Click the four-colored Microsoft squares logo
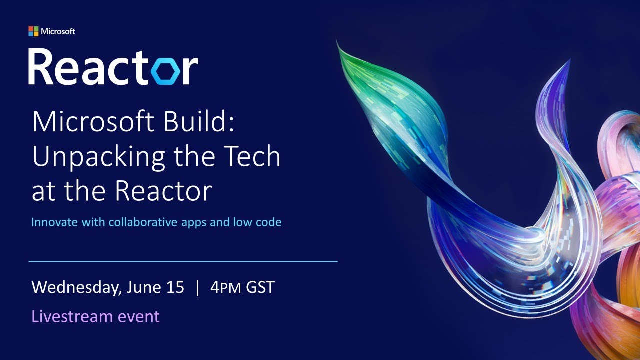33,31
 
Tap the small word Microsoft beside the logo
58,31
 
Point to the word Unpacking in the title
98,157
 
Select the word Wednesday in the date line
75,288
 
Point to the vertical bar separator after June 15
198,288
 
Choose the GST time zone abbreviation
260,288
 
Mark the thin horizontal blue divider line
183,261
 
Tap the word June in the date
142,288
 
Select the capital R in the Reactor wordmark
41,67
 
